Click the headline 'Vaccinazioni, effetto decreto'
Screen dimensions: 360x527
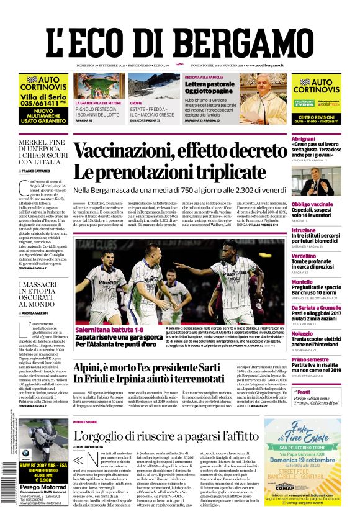pyautogui.click(x=180, y=151)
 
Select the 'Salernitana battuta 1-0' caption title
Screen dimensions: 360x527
pyautogui.click(x=109, y=330)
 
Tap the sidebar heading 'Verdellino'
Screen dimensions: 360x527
pyautogui.click(x=304, y=256)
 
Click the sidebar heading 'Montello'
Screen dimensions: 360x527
pyautogui.click(x=302, y=282)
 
